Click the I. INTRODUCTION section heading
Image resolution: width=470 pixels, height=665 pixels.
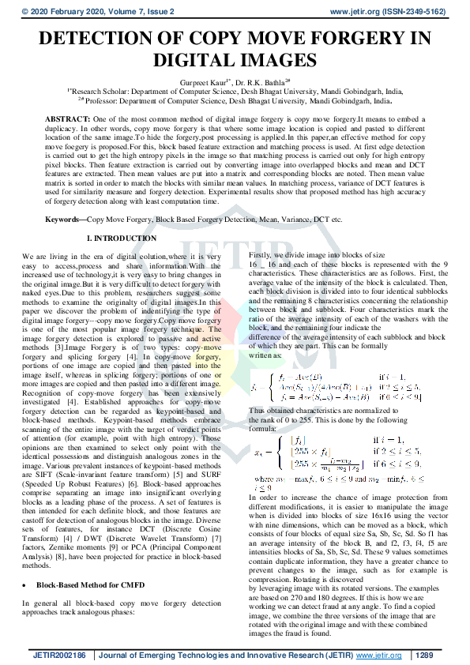click(122, 239)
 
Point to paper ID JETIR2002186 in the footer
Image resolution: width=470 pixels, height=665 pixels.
click(59, 655)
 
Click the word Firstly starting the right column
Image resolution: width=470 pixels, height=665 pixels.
click(261, 257)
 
